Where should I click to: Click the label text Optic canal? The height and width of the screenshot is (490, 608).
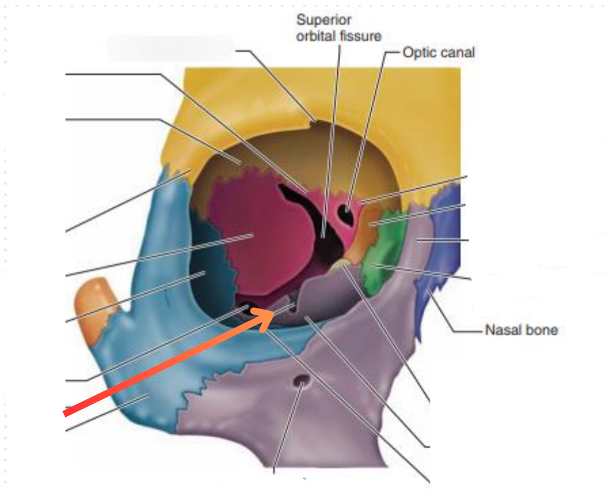pyautogui.click(x=438, y=52)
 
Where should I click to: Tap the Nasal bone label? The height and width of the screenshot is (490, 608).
pyautogui.click(x=521, y=330)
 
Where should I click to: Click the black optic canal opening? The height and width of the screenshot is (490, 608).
pyautogui.click(x=348, y=214)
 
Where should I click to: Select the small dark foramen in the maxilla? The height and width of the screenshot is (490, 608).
pyautogui.click(x=302, y=382)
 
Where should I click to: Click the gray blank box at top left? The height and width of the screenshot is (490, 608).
pyautogui.click(x=169, y=47)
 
